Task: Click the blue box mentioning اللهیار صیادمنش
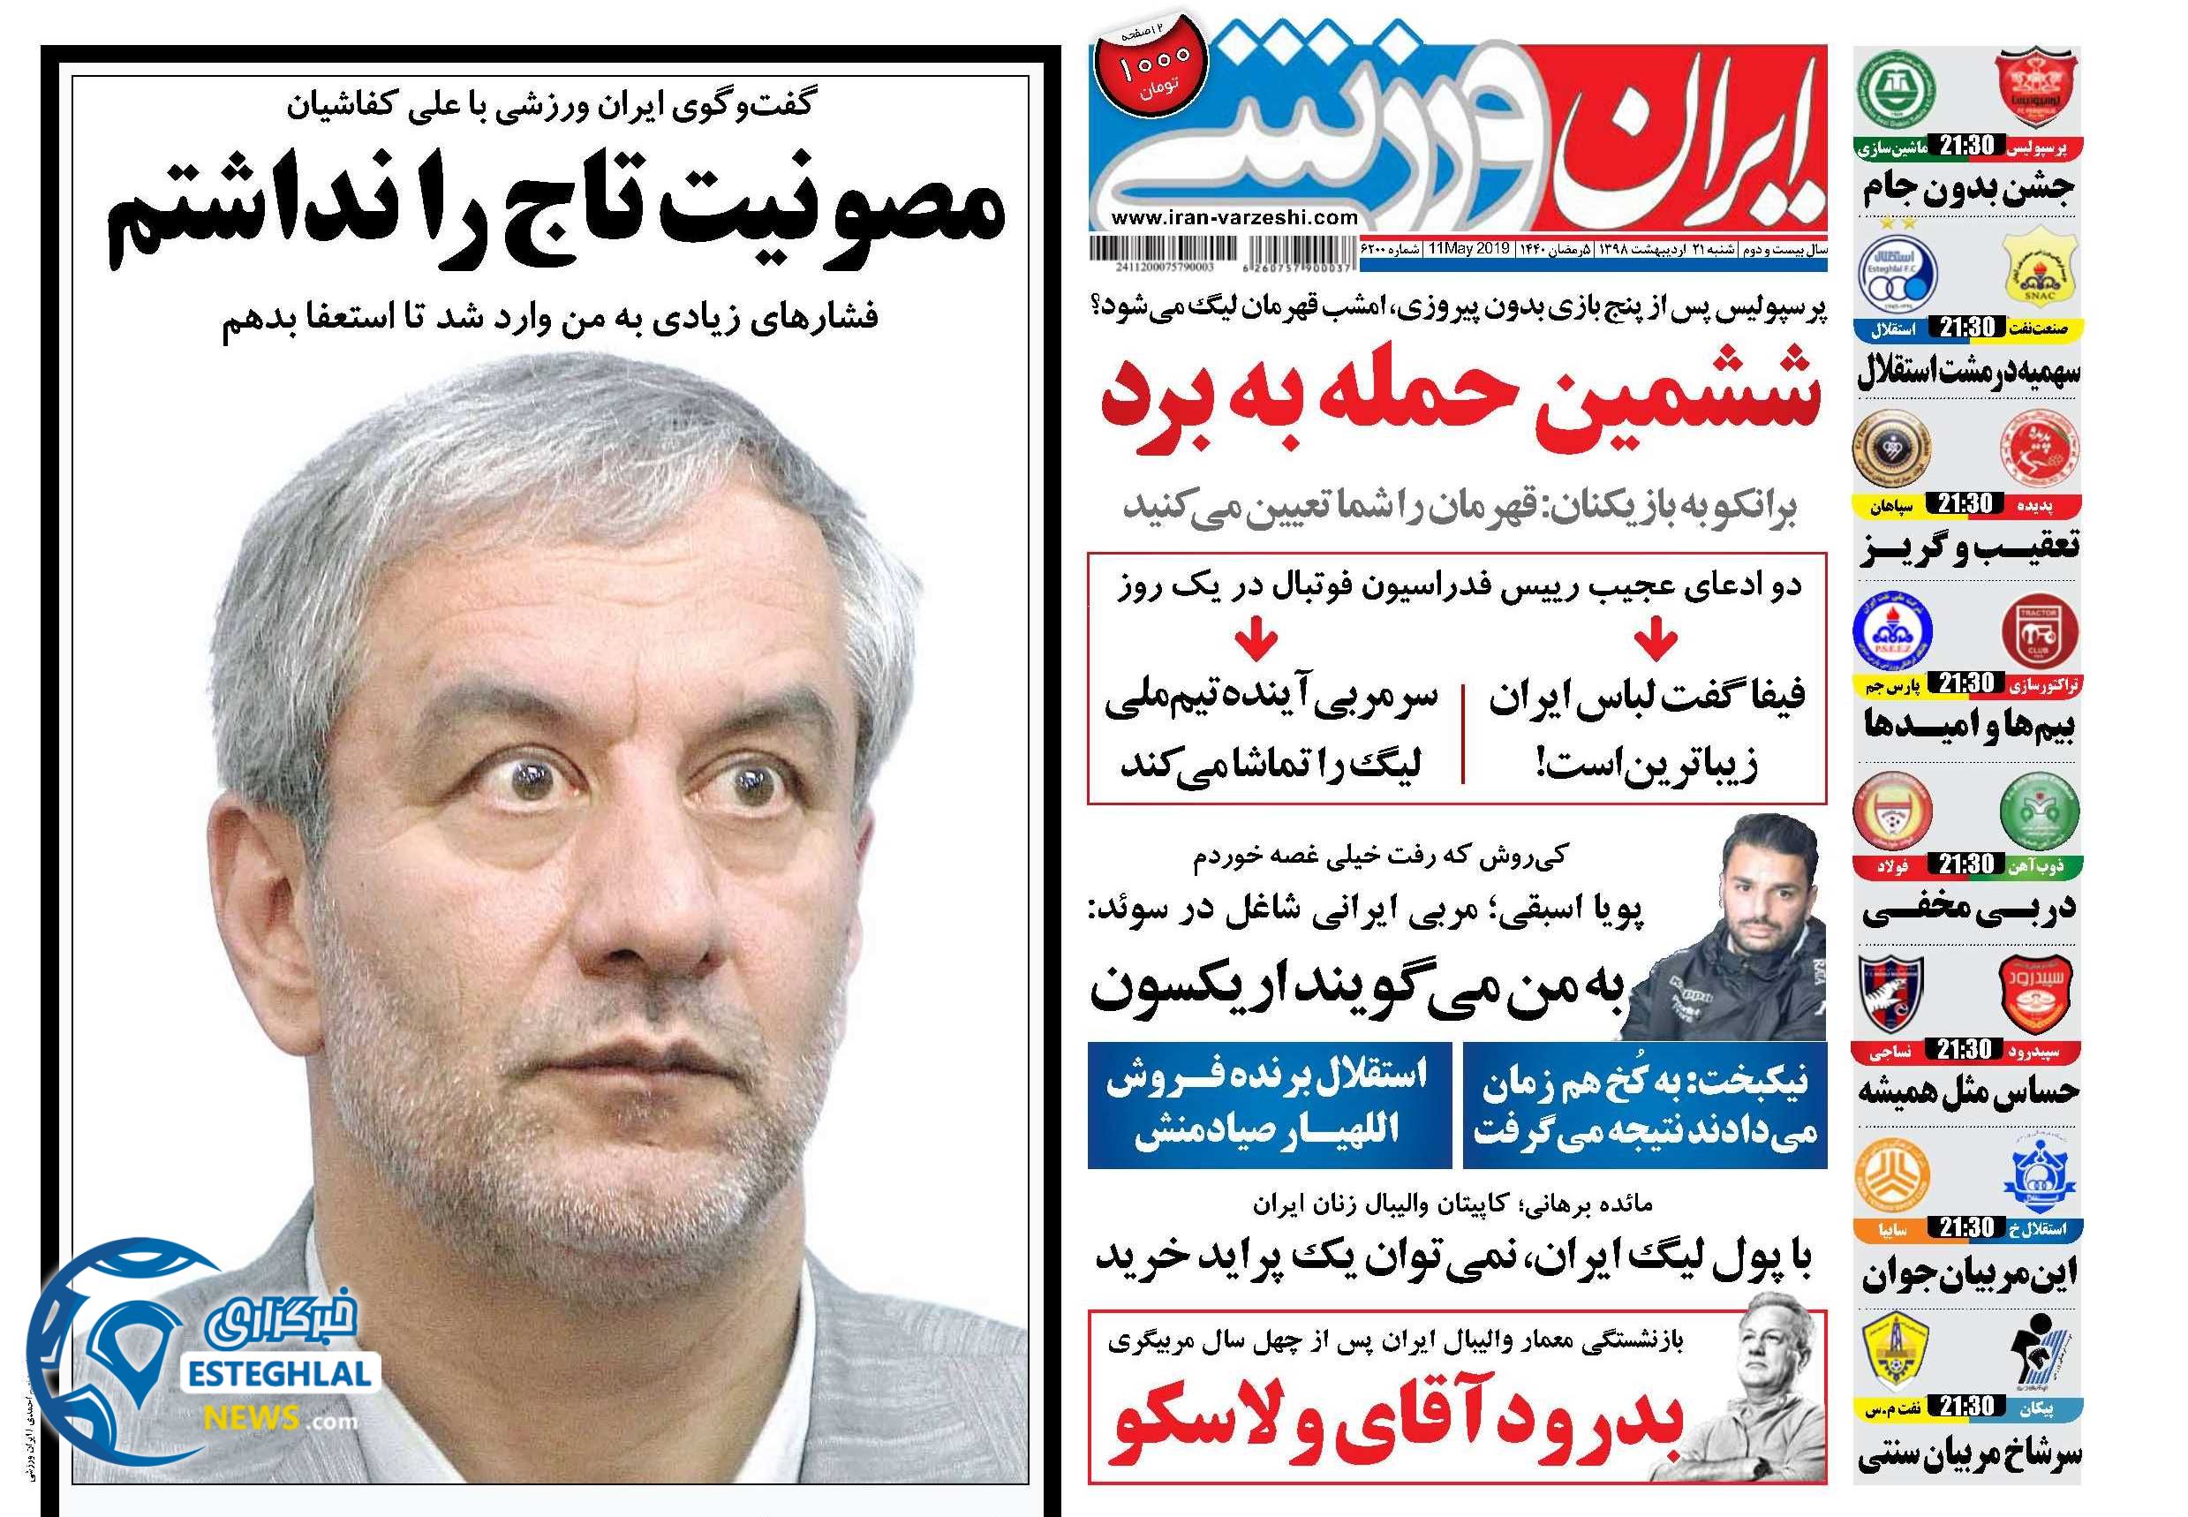pos(1269,1105)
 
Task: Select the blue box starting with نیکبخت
pos(1641,1105)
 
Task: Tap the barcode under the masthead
pos(1153,251)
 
